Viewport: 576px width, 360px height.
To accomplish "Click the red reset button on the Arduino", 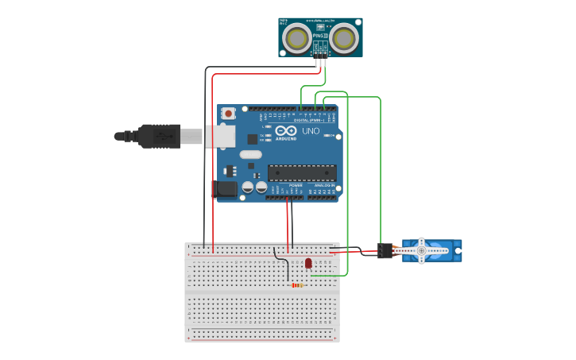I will pos(229,114).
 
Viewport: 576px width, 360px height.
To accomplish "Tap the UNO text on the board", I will pos(311,131).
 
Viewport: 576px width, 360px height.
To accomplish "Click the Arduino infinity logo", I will pos(287,130).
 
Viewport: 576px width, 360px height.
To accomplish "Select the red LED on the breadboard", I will pos(308,263).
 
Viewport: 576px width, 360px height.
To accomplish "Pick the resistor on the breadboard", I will pos(297,285).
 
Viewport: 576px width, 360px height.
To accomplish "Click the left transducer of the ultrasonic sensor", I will pos(297,37).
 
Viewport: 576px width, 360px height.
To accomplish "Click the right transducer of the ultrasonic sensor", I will pos(344,37).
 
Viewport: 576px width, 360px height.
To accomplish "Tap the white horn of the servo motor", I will pos(422,250).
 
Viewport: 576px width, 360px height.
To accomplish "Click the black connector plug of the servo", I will pos(385,251).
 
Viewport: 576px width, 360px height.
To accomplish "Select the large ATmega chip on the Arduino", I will pos(301,172).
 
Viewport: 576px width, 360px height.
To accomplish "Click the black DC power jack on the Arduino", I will pos(225,189).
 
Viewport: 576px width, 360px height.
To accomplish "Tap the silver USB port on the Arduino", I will pos(222,136).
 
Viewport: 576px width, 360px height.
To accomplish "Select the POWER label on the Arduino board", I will pos(284,185).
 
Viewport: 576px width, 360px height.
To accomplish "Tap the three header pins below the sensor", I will pos(320,61).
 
